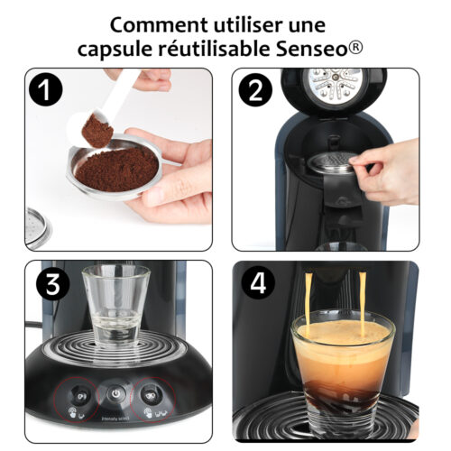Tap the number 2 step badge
(255, 92)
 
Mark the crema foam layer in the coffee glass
(341, 347)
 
